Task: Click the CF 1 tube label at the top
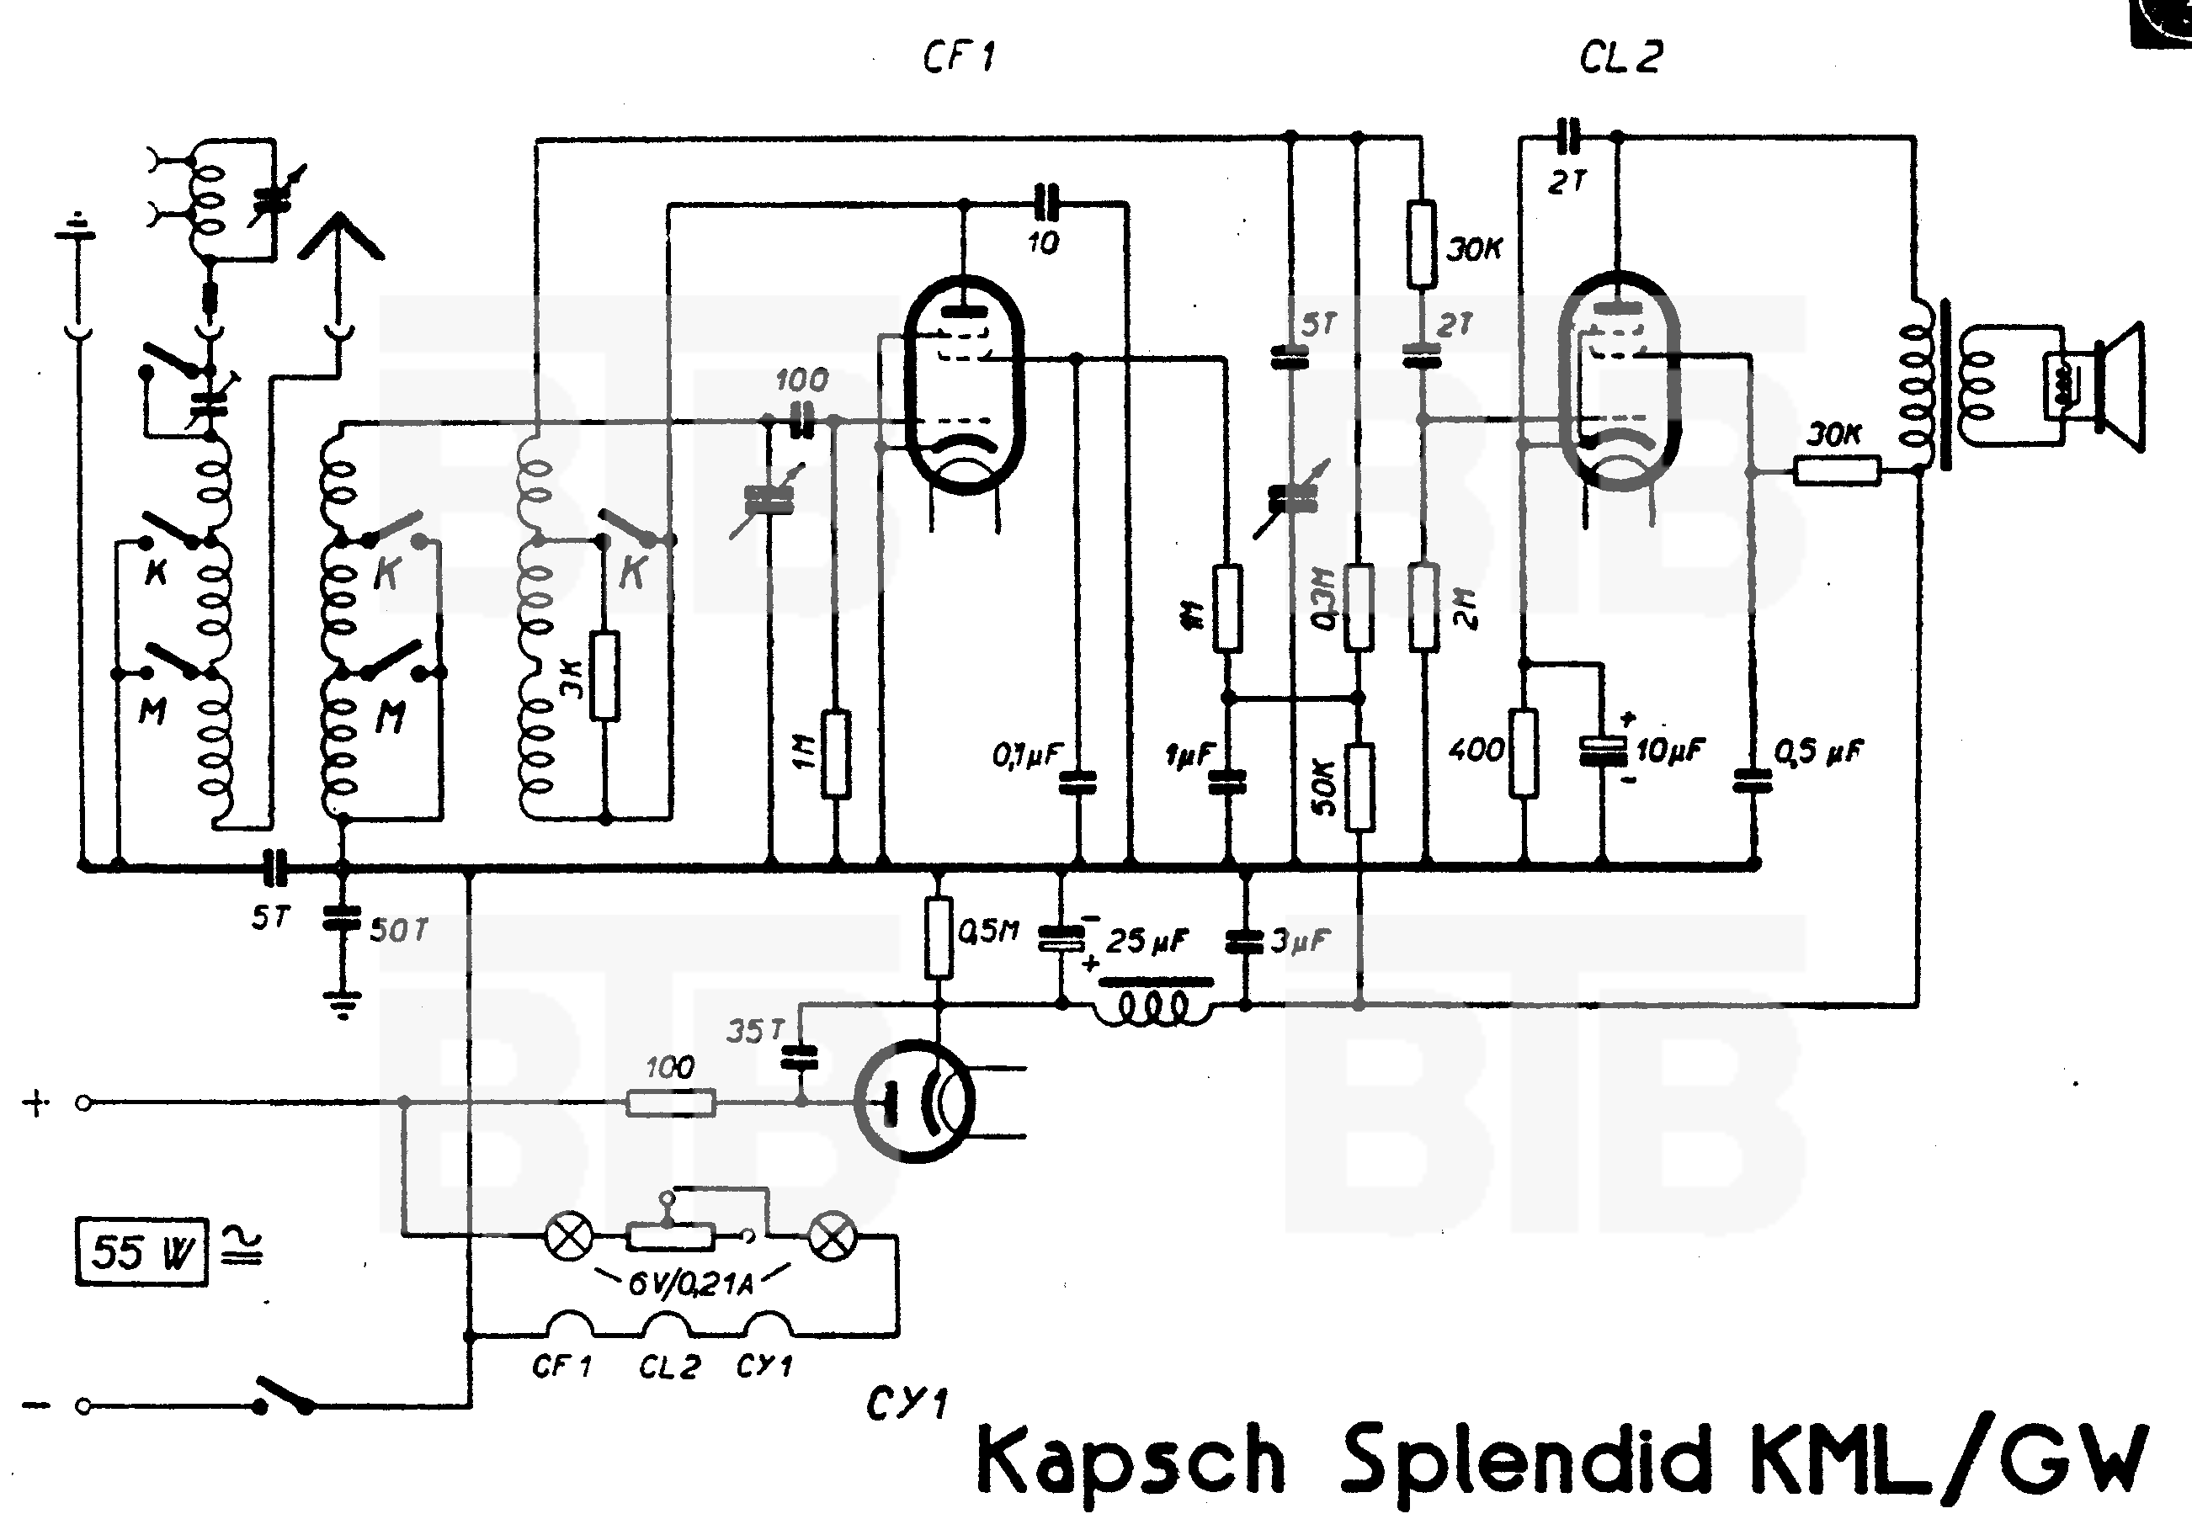959,58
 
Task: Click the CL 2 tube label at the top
1620,58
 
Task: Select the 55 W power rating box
142,1251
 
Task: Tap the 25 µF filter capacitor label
1147,941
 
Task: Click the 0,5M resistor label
988,931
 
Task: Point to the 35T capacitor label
754,1031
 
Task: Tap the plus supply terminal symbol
35,1103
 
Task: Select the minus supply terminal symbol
35,1405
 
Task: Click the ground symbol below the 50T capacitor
342,1004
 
